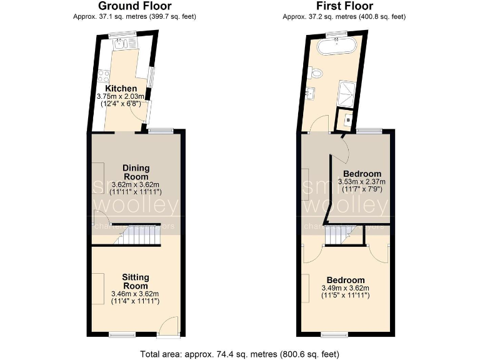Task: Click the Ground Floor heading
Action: point(134,6)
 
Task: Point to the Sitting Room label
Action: point(135,281)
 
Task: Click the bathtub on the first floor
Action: point(337,47)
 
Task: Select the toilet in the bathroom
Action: point(317,73)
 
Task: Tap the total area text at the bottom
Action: point(240,353)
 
